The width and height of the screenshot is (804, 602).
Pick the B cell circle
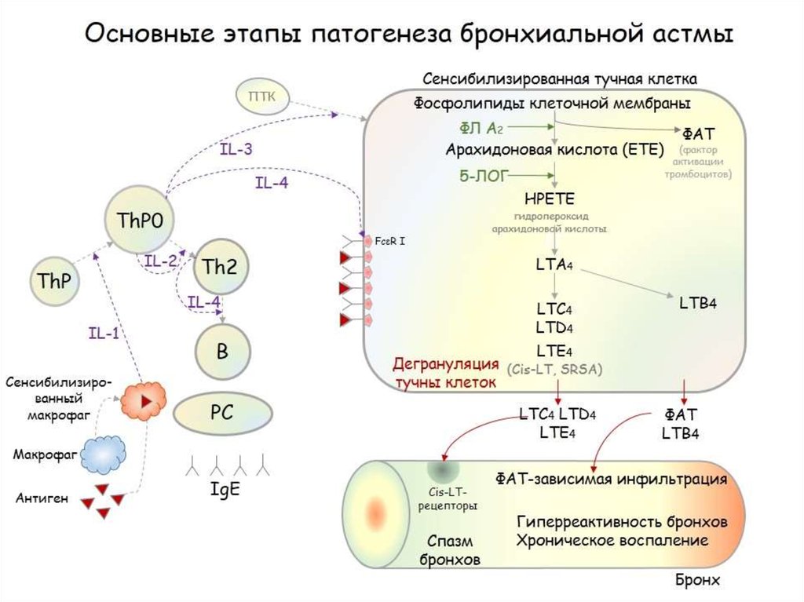222,352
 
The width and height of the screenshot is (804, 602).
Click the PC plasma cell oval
222,413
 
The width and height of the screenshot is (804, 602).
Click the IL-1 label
103,334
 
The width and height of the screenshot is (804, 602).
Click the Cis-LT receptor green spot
439,472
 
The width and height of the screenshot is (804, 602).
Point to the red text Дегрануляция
445,364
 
